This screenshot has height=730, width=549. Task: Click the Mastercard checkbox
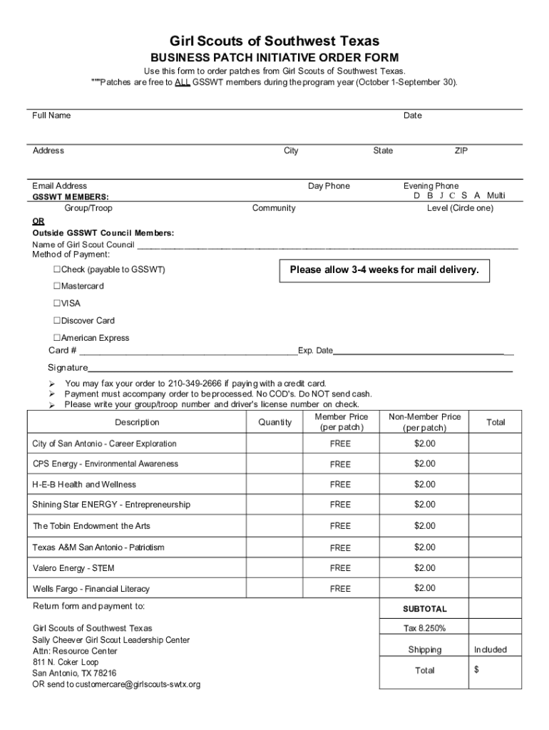57,287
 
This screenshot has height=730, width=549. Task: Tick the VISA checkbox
57,304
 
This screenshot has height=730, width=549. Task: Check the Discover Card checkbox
57,321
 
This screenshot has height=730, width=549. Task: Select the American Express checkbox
57,338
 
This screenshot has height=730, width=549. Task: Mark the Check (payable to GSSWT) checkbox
57,270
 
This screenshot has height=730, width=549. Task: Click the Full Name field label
51,115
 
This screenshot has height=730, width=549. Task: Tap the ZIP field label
461,150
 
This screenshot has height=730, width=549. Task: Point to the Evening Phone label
431,186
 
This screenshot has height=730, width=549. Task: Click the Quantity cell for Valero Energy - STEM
274,568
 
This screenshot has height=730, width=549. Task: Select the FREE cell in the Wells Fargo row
340,589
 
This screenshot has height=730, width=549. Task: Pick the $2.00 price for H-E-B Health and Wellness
425,484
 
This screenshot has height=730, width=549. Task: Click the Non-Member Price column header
424,422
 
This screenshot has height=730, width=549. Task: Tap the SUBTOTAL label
425,610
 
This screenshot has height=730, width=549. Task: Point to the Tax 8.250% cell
425,628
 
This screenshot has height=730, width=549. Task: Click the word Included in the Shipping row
491,649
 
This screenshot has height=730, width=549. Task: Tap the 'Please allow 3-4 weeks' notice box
384,270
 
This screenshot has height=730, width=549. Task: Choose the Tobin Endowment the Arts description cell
91,525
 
